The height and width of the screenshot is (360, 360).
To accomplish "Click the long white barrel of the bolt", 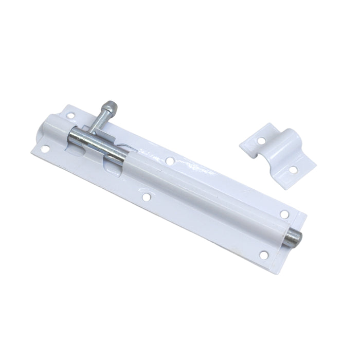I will click(206, 195).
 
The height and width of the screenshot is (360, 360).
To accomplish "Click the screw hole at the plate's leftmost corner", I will click(45, 149).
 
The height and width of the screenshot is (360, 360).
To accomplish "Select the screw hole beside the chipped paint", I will click(169, 161).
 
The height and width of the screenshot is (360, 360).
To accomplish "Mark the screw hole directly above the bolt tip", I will click(283, 214).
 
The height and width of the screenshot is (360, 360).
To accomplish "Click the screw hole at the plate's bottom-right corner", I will click(263, 254).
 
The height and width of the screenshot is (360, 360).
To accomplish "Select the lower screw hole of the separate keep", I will click(293, 169).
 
